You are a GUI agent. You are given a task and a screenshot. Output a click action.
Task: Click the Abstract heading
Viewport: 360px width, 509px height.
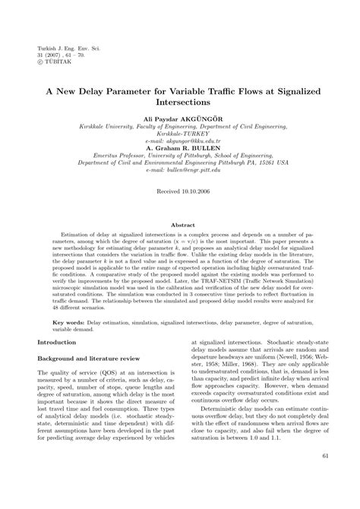pyautogui.click(x=180, y=226)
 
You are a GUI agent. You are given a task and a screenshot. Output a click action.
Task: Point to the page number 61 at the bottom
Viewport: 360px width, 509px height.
pyautogui.click(x=325, y=476)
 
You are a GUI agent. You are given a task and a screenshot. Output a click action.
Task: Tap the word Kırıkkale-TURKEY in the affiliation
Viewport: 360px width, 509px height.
pyautogui.click(x=180, y=132)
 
